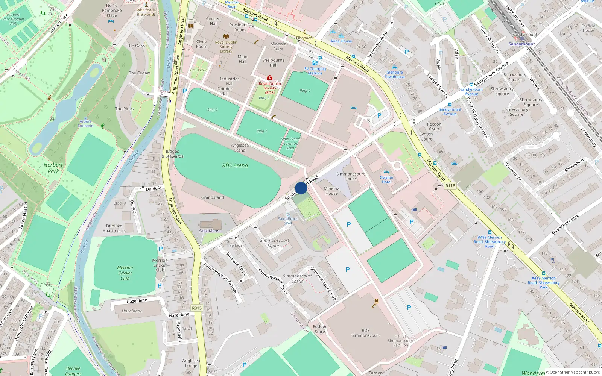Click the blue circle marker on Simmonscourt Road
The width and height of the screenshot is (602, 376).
pos(301,188)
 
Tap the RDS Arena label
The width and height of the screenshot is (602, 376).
pos(235,165)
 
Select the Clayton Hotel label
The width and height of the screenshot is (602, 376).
pos(386,180)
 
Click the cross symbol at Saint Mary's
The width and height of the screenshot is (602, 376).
pos(210,224)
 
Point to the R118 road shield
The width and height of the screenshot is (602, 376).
pos(450,186)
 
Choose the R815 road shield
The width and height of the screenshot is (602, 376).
pos(197,308)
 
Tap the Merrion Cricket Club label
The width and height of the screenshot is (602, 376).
pos(125,273)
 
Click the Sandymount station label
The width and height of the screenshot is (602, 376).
pos(521,44)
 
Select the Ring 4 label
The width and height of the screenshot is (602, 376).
pos(305,91)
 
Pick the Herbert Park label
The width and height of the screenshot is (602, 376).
pos(53,168)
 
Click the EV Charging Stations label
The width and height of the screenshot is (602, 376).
pos(315,71)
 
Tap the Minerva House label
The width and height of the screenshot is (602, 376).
pos(331,191)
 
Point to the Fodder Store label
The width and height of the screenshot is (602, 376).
pos(320,329)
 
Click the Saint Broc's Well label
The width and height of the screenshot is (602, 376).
pos(288,221)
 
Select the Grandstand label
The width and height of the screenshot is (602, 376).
pos(213,197)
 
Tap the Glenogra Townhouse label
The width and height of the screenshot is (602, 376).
pos(395,74)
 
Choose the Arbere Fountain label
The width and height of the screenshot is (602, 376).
pos(86,124)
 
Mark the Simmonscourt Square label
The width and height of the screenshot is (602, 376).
pos(275,243)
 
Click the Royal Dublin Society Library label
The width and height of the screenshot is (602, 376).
pos(226,47)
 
